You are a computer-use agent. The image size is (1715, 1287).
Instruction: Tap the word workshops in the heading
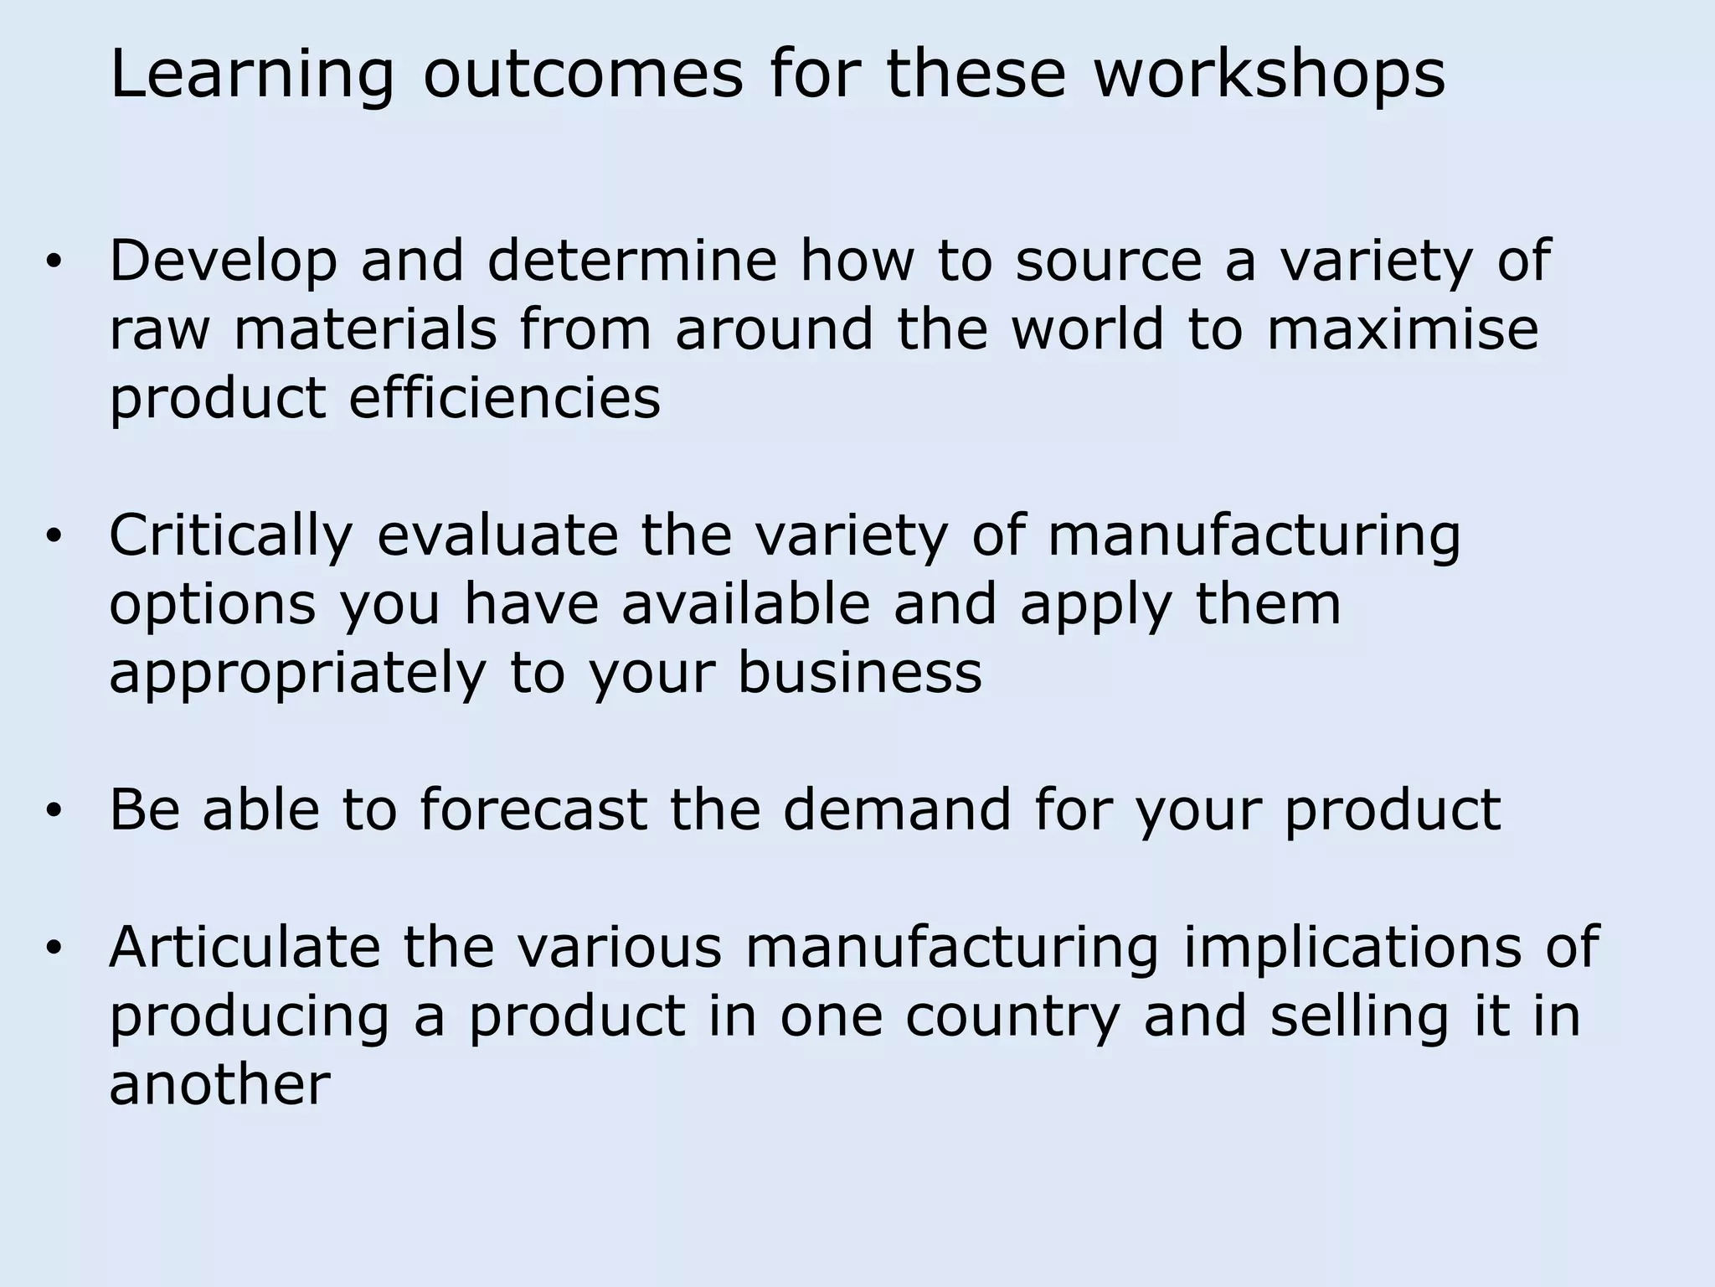pos(1269,74)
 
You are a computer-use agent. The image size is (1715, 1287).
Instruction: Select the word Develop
pos(223,261)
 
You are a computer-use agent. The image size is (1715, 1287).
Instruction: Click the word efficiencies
pos(504,399)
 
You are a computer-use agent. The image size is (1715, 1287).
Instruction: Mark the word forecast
pos(533,809)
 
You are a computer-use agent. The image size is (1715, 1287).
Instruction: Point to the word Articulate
pos(245,947)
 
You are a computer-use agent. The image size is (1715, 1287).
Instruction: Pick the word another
pos(219,1084)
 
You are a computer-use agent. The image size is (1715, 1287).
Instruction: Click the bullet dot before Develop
pos(54,263)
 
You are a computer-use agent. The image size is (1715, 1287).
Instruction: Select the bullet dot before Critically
pos(54,538)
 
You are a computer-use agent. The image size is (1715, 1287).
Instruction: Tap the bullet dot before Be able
pos(54,811)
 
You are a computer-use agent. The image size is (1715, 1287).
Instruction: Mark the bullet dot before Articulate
pos(54,948)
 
